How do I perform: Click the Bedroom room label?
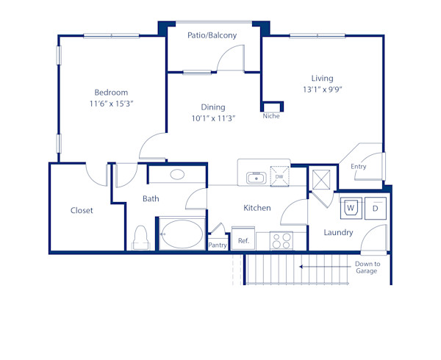[x=111, y=93]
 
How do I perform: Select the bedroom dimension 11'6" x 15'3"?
[x=111, y=104]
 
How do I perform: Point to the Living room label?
[x=322, y=78]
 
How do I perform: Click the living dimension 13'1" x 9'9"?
[x=322, y=90]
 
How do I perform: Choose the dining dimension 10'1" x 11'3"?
[x=213, y=119]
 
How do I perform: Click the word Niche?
[x=271, y=116]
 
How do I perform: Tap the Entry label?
[x=358, y=167]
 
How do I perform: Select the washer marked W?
[x=351, y=208]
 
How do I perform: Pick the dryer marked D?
[x=374, y=208]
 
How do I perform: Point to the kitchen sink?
[x=256, y=177]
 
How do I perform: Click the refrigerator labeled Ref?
[x=243, y=240]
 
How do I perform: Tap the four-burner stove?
[x=282, y=240]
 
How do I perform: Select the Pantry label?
[x=218, y=245]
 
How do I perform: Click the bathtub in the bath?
[x=181, y=234]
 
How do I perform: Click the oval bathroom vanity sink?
[x=177, y=175]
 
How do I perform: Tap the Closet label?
[x=82, y=210]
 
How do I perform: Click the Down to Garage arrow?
[x=323, y=267]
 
